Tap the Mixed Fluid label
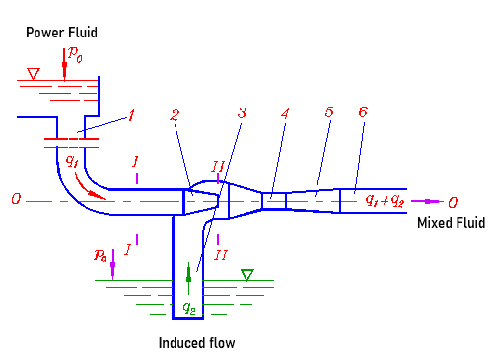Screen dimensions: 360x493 pyautogui.click(x=451, y=224)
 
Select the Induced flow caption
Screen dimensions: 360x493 pyautogui.click(x=197, y=343)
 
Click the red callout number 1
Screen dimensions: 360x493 pyautogui.click(x=130, y=117)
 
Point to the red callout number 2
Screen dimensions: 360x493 pyautogui.click(x=175, y=116)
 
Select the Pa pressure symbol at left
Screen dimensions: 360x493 pyautogui.click(x=101, y=255)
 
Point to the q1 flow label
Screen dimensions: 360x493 pyautogui.click(x=72, y=159)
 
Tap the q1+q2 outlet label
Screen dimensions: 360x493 pyautogui.click(x=384, y=200)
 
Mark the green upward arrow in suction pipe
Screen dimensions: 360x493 pyautogui.click(x=188, y=275)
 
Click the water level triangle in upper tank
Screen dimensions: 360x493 pyautogui.click(x=34, y=73)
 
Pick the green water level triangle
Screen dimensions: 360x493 pyautogui.click(x=247, y=275)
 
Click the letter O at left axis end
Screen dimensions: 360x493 pyautogui.click(x=15, y=200)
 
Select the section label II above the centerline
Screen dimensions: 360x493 pyautogui.click(x=219, y=164)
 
